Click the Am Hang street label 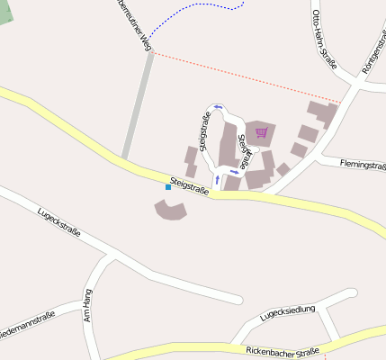tap(88, 306)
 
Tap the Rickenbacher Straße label tap(283, 349)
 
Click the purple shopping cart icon tap(262, 133)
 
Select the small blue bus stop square tap(167, 187)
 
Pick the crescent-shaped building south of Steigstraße tap(170, 211)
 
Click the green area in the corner tap(6, 11)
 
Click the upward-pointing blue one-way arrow tap(216, 178)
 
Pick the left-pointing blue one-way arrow tap(218, 107)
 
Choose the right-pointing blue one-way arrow tap(235, 171)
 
